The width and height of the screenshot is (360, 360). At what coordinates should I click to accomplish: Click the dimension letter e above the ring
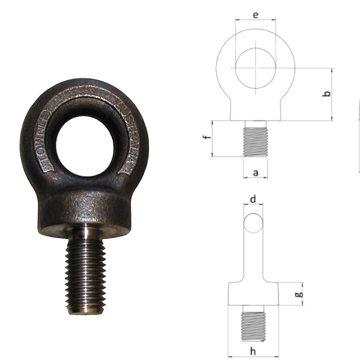pyautogui.click(x=256, y=15)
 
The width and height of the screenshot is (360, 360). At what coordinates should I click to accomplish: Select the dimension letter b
pyautogui.click(x=328, y=94)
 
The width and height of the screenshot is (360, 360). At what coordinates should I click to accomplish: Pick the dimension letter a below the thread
pyautogui.click(x=256, y=172)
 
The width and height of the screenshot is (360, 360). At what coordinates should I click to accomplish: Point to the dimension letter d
pyautogui.click(x=253, y=198)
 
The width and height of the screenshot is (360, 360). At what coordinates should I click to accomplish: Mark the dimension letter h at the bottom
pyautogui.click(x=253, y=349)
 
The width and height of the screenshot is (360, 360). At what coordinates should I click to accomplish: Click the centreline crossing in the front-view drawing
pyautogui.click(x=256, y=68)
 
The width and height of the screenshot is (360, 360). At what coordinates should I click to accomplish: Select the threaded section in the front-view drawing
pyautogui.click(x=256, y=141)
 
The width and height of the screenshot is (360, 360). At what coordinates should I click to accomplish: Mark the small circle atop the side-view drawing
pyautogui.click(x=253, y=223)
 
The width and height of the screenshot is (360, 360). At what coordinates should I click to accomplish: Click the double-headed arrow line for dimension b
pyautogui.click(x=332, y=94)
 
